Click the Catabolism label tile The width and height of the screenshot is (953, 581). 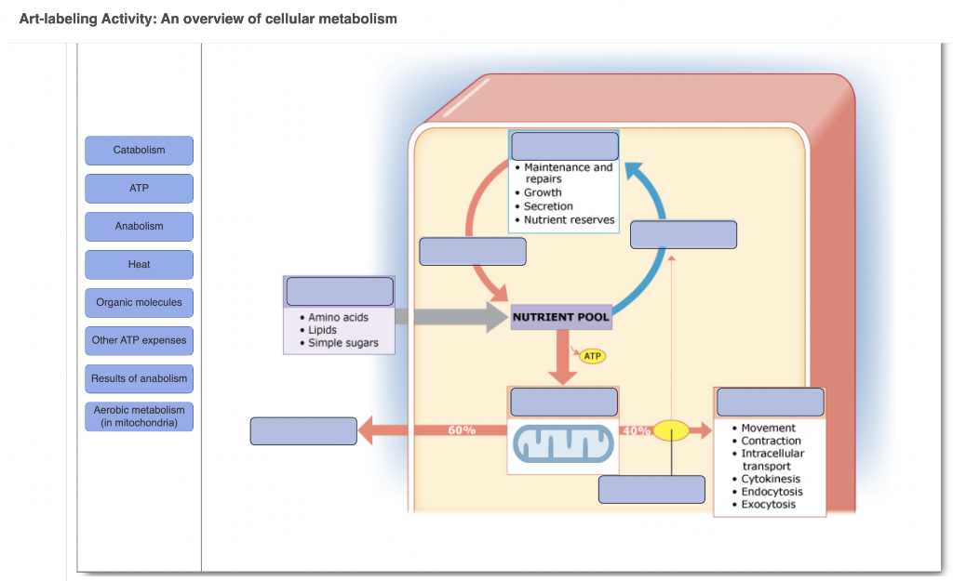139,151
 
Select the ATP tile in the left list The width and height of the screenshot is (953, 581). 139,189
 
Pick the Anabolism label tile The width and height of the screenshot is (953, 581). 139,227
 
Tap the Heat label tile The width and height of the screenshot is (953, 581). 139,265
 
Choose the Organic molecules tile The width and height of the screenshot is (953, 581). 139,303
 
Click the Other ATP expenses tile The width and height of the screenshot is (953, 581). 139,341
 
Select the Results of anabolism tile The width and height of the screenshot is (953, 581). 139,379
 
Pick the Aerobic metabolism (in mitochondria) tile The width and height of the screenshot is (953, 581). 139,416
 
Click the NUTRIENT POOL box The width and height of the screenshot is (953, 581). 561,317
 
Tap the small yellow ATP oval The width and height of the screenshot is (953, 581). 592,356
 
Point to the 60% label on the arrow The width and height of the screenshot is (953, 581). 462,430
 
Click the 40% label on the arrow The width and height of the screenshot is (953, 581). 636,430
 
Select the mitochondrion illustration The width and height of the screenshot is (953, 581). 562,444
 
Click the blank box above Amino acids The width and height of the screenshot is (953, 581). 340,291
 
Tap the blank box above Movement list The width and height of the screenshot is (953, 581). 770,402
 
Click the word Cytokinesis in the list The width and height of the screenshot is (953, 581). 771,479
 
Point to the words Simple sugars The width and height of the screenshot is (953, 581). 343,343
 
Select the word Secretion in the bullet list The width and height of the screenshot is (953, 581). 548,206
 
